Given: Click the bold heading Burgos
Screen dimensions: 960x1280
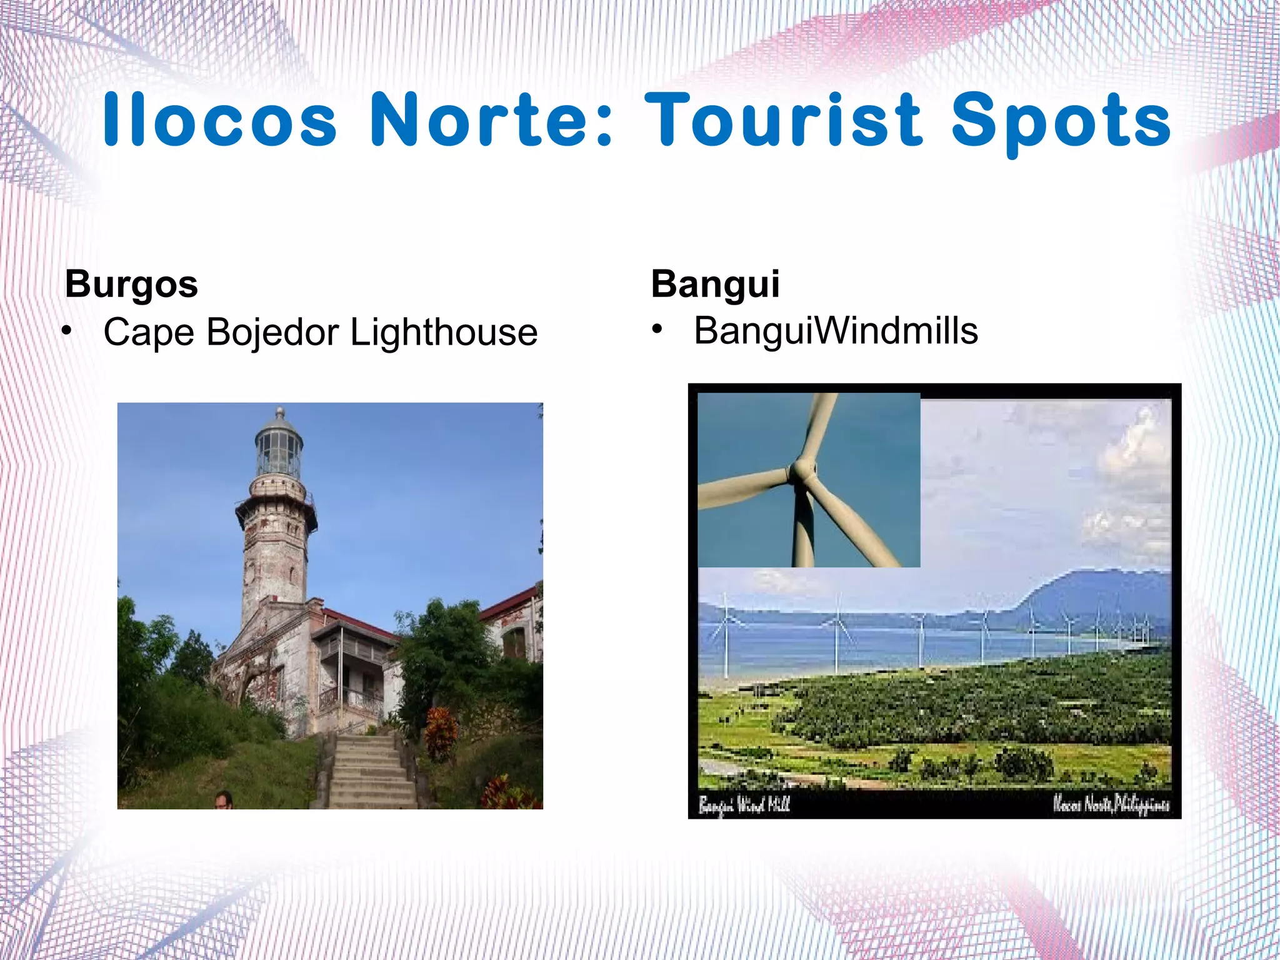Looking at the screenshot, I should (x=131, y=285).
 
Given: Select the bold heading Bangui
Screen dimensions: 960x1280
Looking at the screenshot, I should (x=715, y=285).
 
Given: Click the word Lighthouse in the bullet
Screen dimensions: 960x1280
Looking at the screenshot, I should (x=444, y=332).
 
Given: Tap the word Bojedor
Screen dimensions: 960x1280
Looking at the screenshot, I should (x=272, y=332).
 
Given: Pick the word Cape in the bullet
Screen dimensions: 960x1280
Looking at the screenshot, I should (x=149, y=332).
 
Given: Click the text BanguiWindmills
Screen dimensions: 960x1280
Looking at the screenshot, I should (x=836, y=331).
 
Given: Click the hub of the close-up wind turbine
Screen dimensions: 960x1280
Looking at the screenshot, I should (x=801, y=471).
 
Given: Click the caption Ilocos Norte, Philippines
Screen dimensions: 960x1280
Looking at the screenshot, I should (x=1111, y=804).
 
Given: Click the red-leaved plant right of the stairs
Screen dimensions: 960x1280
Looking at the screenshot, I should (x=441, y=732).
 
